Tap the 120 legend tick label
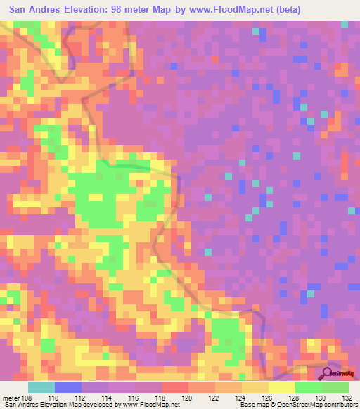click(x=188, y=397)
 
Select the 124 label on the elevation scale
click(x=241, y=397)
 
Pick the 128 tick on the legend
click(x=295, y=397)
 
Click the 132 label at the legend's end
click(x=347, y=397)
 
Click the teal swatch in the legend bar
click(x=41, y=387)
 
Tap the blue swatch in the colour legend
click(x=67, y=387)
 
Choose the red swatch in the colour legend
click(x=174, y=387)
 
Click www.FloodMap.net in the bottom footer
click(x=150, y=404)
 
